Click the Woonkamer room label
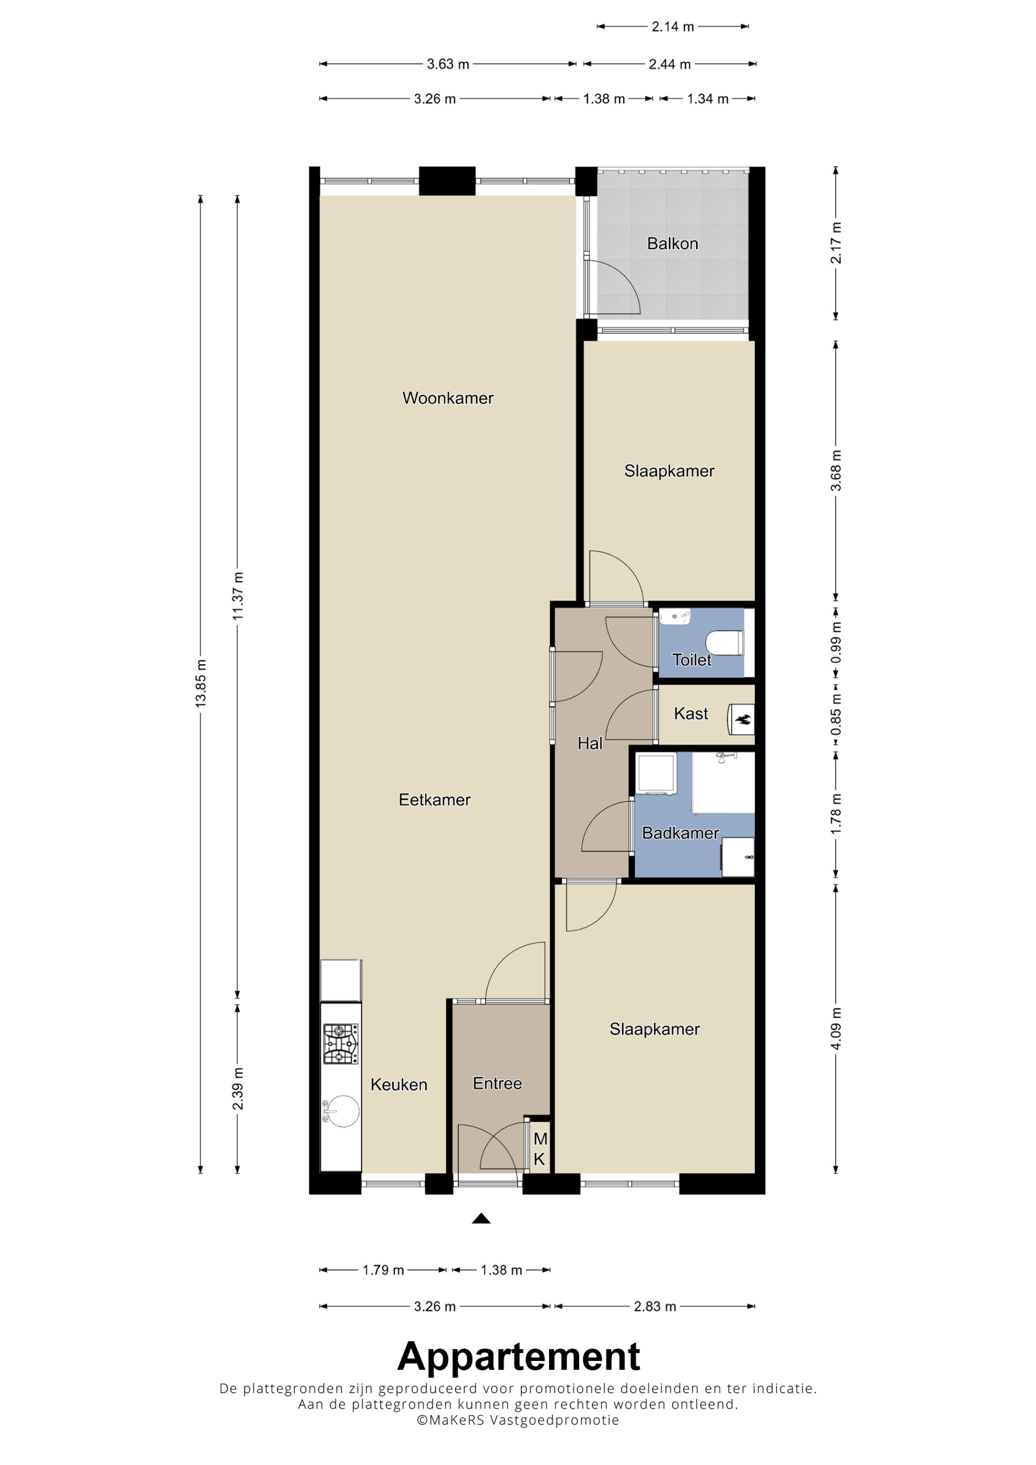[x=448, y=398]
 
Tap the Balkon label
[x=672, y=243]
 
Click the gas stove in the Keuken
[x=341, y=1044]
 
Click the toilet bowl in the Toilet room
[x=725, y=642]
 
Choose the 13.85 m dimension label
[x=200, y=682]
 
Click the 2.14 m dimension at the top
[x=672, y=27]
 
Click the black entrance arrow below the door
[x=481, y=1218]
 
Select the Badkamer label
[x=681, y=833]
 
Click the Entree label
[x=497, y=1083]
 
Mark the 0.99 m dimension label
[x=836, y=642]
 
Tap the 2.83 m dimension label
[x=654, y=1306]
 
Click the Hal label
[x=590, y=743]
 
